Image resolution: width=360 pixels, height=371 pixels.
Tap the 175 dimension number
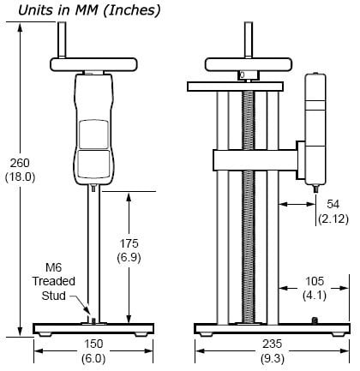pyautogui.click(x=130, y=243)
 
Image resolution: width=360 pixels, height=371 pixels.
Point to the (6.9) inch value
pyautogui.click(x=130, y=257)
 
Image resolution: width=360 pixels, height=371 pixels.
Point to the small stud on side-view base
pyautogui.click(x=315, y=320)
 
